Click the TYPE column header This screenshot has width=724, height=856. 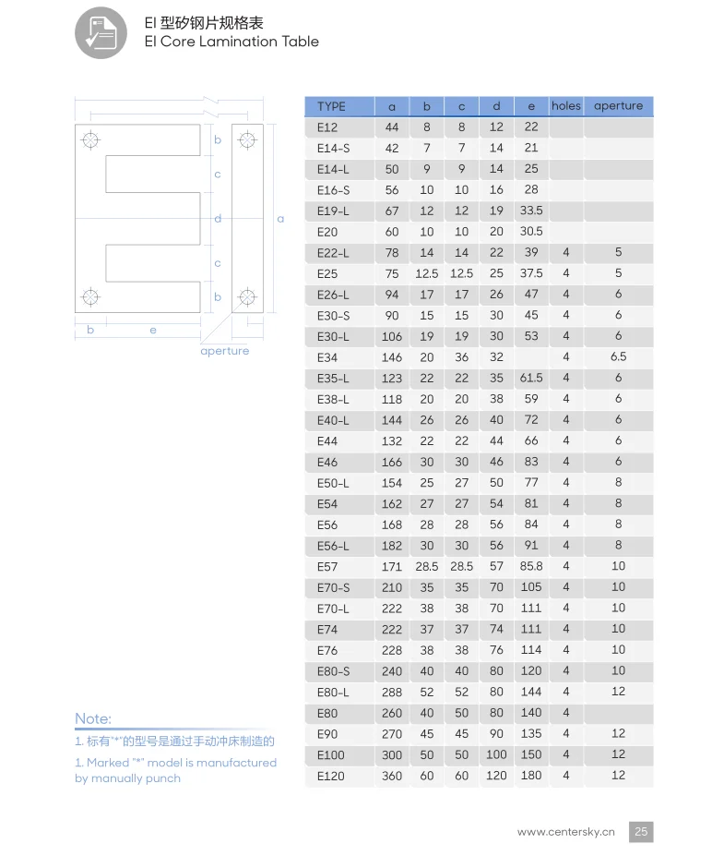click(x=331, y=106)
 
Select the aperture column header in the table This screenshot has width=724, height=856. click(x=618, y=106)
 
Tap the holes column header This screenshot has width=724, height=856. click(x=565, y=106)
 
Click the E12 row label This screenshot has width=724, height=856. click(x=327, y=127)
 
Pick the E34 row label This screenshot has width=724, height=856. click(x=327, y=357)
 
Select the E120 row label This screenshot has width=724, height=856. click(x=330, y=776)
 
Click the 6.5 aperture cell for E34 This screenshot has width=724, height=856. click(x=618, y=357)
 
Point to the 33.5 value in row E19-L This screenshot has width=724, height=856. click(x=531, y=211)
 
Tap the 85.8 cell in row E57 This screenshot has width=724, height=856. click(x=531, y=566)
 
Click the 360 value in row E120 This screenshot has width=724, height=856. click(x=392, y=776)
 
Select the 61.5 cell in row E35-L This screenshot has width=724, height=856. click(x=531, y=378)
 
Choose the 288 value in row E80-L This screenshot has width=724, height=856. click(x=392, y=692)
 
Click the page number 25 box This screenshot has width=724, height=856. click(x=641, y=831)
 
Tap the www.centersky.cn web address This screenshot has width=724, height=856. click(x=565, y=831)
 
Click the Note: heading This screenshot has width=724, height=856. click(x=93, y=718)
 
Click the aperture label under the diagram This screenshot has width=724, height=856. click(x=224, y=351)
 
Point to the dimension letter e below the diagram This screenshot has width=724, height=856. click(x=153, y=330)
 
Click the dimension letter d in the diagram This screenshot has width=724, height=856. click(x=218, y=219)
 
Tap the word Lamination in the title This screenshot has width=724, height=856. click(x=240, y=42)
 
